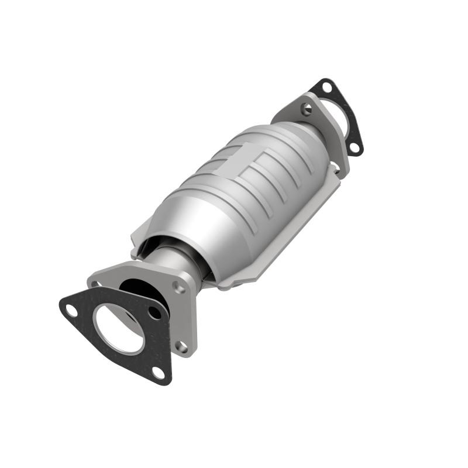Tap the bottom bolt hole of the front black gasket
[x=158, y=371]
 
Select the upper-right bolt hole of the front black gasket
[x=155, y=313]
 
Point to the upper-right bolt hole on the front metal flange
[x=180, y=288]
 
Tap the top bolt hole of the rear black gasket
[x=326, y=88]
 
